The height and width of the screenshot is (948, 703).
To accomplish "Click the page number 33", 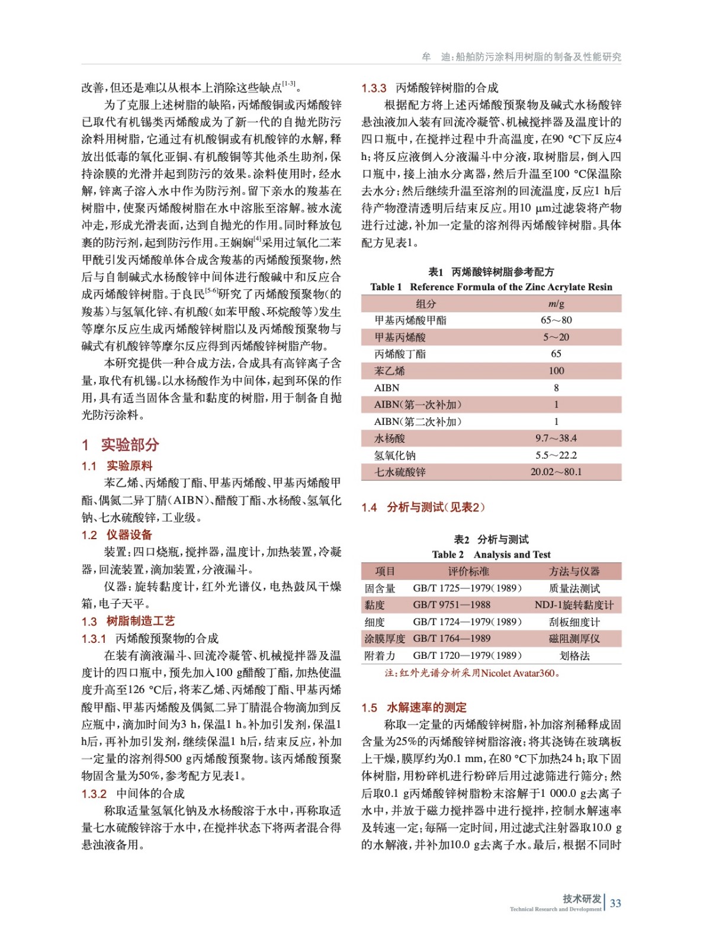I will [615, 904].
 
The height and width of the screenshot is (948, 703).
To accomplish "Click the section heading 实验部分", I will [130, 444].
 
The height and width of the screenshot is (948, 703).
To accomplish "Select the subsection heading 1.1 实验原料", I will [117, 466].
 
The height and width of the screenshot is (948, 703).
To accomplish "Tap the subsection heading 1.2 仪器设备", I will [117, 535].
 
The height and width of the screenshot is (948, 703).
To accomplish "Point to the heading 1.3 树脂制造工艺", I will [128, 621].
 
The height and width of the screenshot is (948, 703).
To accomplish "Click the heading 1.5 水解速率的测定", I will [414, 707].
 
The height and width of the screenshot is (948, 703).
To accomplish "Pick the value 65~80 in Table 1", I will [556, 320].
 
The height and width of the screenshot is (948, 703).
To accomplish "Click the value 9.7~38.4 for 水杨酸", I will [556, 438].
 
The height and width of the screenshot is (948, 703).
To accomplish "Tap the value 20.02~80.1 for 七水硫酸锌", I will [556, 472].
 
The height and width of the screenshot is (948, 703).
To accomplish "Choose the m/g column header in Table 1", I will [556, 303].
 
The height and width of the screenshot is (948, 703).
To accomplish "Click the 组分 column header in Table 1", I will [425, 303].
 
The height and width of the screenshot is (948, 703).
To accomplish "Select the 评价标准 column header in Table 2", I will [468, 571].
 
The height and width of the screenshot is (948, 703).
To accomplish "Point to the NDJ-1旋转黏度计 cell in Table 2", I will [574, 605].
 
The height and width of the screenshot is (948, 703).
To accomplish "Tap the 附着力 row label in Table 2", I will [380, 656].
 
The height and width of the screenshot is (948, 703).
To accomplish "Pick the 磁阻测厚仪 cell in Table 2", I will [574, 639].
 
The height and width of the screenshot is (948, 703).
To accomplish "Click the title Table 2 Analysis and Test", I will [491, 555].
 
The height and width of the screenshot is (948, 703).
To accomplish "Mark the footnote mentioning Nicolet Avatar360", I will [472, 673].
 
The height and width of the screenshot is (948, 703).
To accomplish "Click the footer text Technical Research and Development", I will [555, 909].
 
